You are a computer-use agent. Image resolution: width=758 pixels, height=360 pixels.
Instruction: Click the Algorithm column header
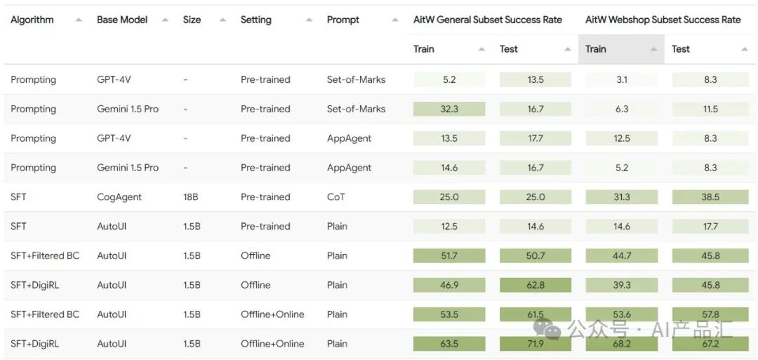coord(32,20)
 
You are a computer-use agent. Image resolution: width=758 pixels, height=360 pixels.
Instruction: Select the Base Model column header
coord(122,20)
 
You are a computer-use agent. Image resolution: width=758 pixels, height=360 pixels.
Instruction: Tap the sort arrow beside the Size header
coord(222,20)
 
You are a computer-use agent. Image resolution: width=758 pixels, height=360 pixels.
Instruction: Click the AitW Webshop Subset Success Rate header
coord(663,20)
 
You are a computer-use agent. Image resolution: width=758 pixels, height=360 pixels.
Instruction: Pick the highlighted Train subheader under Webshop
coord(596,49)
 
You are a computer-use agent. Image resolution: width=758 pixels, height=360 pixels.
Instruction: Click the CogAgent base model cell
coord(119,197)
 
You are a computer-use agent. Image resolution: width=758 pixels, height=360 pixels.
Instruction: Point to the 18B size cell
coord(190,197)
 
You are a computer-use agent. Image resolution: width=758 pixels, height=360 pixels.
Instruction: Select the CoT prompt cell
coord(336,197)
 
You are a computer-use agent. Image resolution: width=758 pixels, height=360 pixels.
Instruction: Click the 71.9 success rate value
coord(536,344)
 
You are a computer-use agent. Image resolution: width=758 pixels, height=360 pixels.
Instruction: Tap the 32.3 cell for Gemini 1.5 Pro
coord(449,109)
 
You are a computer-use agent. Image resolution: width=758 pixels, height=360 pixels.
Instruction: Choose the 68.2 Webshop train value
coord(622,344)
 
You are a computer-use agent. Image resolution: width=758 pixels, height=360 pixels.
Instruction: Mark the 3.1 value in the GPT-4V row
coord(622,80)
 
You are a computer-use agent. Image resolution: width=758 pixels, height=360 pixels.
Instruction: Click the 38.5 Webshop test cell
coord(710,197)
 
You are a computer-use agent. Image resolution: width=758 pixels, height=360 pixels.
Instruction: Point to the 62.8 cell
coord(536,285)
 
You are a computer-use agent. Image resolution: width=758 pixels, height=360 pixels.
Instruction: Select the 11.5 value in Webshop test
coord(710,109)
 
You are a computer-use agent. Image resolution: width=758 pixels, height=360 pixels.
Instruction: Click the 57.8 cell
coord(710,314)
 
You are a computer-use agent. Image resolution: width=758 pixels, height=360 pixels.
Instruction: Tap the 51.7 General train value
coord(449,256)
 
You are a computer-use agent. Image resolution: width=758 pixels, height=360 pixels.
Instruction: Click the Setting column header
coord(256,20)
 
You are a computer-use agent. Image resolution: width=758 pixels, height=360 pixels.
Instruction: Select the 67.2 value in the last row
coord(710,344)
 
